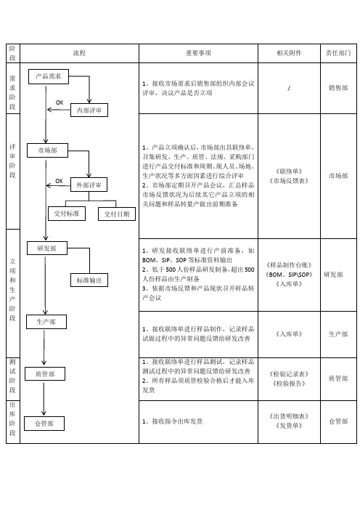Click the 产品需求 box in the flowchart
point(49,76)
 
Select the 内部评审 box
point(89,110)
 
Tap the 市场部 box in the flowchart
point(47,150)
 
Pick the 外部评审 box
point(89,185)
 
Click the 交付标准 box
point(67,214)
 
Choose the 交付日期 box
point(117,214)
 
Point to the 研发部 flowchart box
point(46,248)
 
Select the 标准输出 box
point(89,280)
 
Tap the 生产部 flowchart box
point(46,322)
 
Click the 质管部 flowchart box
point(45,373)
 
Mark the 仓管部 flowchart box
point(44,424)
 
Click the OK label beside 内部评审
point(60,102)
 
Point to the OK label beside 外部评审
point(59,181)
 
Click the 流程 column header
point(79,53)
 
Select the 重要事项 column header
point(198,53)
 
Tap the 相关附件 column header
point(289,53)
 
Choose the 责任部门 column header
point(338,53)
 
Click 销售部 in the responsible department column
point(338,87)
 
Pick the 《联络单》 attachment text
point(289,171)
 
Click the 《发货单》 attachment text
point(289,426)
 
